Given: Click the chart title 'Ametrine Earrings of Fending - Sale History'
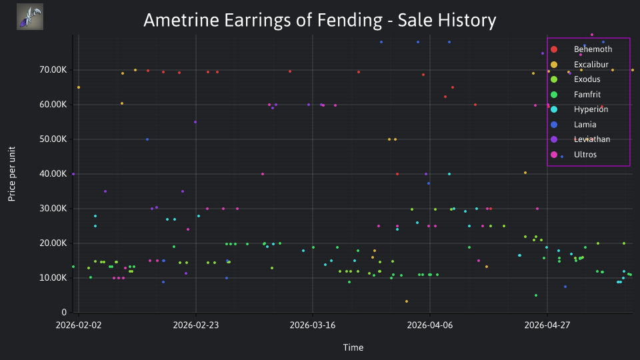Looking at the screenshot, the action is click(x=319, y=20).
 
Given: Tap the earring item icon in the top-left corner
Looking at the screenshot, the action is click(x=30, y=17).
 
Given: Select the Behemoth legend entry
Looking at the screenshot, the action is click(x=581, y=49).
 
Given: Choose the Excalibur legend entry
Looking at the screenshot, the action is click(x=579, y=65).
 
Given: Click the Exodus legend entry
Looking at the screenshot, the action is click(x=575, y=79).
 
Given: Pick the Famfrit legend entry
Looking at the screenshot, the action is click(x=575, y=94).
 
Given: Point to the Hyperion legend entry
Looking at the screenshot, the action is click(x=579, y=109).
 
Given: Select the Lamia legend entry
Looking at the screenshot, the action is click(x=573, y=125).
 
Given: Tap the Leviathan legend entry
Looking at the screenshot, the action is click(x=580, y=139).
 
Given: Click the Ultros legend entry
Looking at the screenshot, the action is click(x=573, y=155).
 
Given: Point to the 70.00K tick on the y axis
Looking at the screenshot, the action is click(x=53, y=70).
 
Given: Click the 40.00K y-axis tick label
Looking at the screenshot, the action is click(x=53, y=174).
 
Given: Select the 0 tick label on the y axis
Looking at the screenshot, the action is click(x=64, y=312).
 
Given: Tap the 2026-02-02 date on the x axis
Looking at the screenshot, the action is click(x=79, y=325).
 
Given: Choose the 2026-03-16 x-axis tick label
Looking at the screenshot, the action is click(x=313, y=325).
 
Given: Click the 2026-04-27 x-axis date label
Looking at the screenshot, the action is click(x=547, y=325).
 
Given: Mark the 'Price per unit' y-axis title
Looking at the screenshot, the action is click(x=12, y=174).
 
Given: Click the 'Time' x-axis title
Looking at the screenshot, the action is click(x=353, y=348).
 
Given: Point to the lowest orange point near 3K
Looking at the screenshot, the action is click(x=407, y=301).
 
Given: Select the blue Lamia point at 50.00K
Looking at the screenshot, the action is click(x=147, y=139).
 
